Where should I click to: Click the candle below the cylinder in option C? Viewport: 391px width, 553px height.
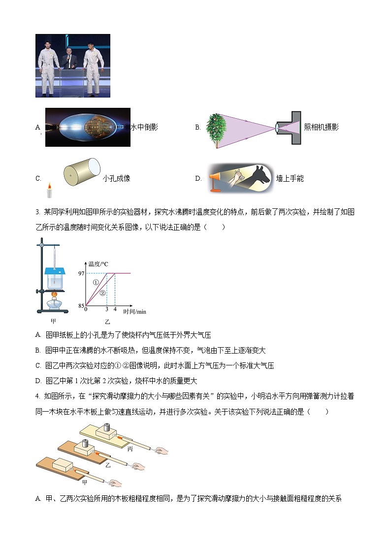point(49,191)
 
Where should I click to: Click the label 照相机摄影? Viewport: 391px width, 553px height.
point(321,127)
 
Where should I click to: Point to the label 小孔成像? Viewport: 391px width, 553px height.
point(117,178)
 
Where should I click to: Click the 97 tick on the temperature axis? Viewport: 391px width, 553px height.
point(81,273)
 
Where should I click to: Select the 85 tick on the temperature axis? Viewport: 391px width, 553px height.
point(81,306)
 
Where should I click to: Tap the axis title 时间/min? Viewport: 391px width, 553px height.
point(134,312)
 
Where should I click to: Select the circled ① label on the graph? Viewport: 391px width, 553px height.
point(96,283)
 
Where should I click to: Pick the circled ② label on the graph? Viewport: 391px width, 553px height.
point(103,293)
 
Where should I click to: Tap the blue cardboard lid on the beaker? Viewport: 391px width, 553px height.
point(55,270)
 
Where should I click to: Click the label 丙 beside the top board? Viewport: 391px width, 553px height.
point(130,435)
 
